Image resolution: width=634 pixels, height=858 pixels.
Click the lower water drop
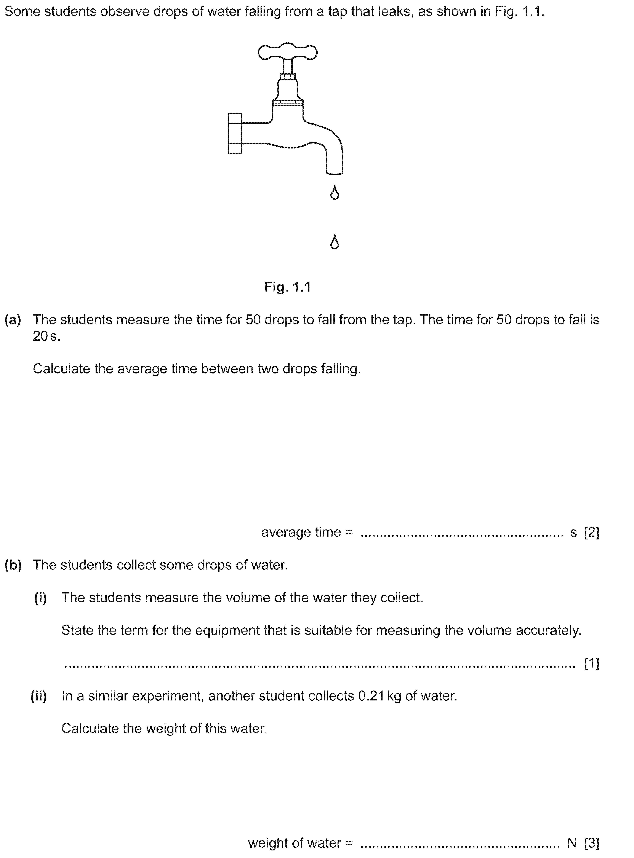click(x=335, y=242)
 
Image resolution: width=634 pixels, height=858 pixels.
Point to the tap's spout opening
click(x=335, y=173)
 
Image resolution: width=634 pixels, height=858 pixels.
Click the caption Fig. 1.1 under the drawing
click(x=287, y=287)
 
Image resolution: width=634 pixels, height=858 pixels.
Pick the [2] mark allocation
click(x=591, y=532)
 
